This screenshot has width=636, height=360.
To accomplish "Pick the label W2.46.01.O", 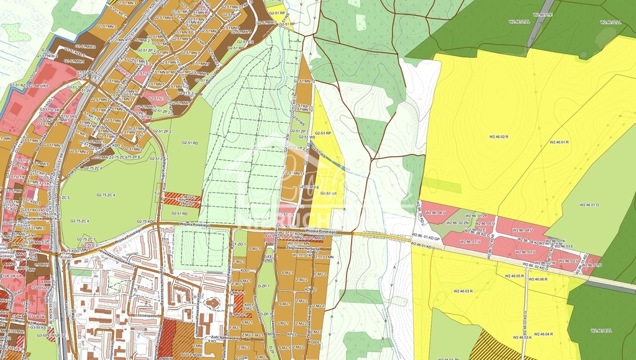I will (588, 204).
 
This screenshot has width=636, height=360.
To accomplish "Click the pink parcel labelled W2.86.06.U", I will (435, 213).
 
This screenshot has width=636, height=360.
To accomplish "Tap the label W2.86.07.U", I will (470, 241).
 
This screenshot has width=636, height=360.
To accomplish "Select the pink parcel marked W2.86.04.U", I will (523, 230).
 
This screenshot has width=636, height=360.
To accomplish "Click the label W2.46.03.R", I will (463, 290).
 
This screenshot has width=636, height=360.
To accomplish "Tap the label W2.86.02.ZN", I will (458, 223).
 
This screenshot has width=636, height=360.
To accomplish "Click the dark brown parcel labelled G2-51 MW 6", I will (309, 186).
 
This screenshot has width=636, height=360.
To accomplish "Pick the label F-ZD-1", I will (238, 245).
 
